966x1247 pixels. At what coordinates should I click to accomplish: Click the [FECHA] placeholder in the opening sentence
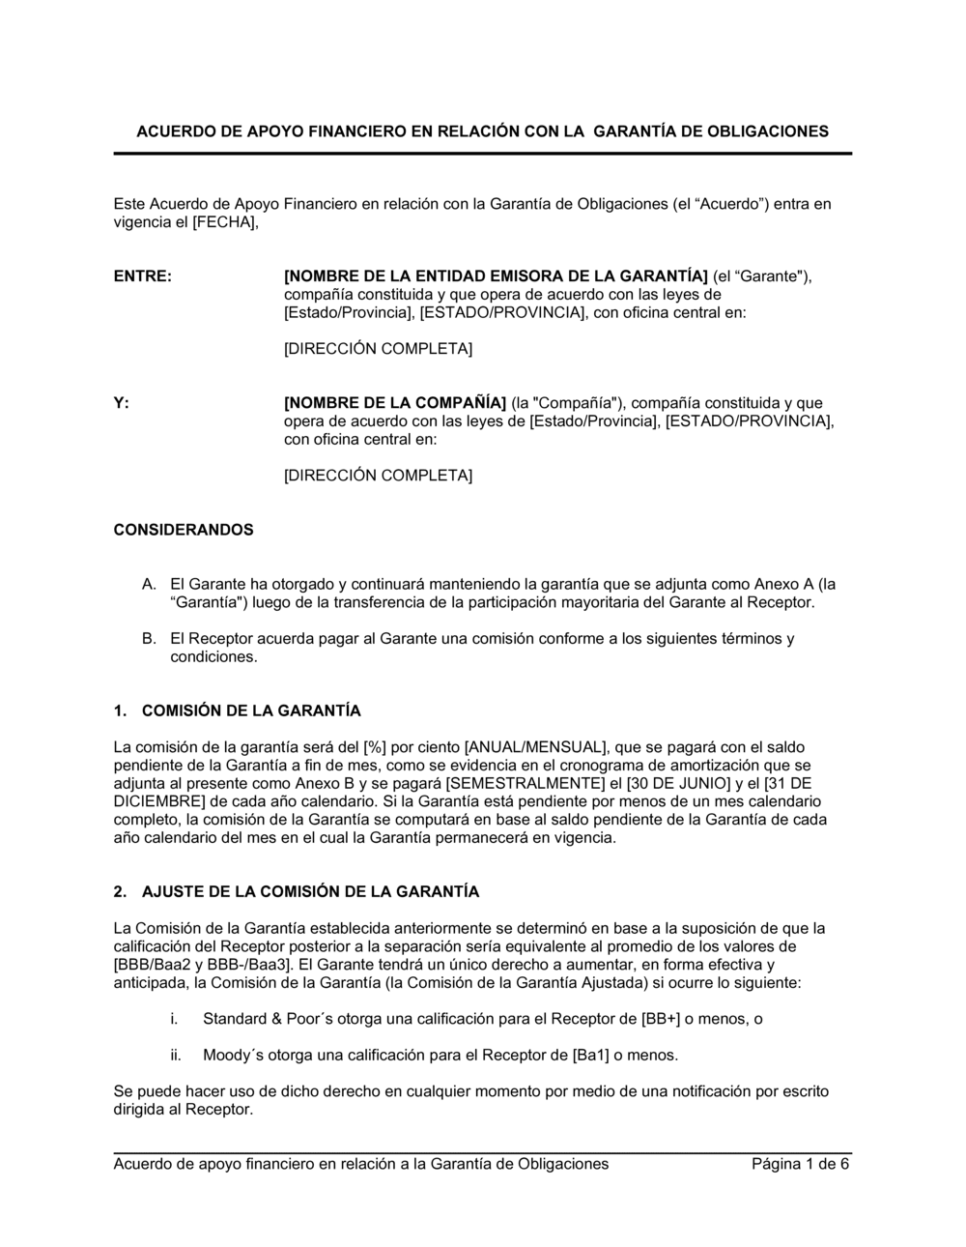[x=225, y=222]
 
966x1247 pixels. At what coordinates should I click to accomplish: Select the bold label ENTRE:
[x=143, y=277]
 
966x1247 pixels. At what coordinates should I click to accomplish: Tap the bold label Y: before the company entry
[x=122, y=403]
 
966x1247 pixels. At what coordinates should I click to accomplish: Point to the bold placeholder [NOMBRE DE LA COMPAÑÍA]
[x=395, y=403]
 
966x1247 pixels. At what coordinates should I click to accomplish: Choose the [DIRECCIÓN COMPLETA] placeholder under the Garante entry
[x=378, y=349]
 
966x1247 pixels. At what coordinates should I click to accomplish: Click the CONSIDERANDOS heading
[x=184, y=530]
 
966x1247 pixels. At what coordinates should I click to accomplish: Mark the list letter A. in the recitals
[x=149, y=585]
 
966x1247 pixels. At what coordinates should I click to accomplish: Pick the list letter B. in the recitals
[x=149, y=639]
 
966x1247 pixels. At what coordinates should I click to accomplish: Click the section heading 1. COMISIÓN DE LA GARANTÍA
[x=238, y=711]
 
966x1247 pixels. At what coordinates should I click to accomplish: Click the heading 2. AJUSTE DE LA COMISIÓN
[x=297, y=892]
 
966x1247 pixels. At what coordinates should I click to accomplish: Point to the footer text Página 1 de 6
[x=801, y=1164]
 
